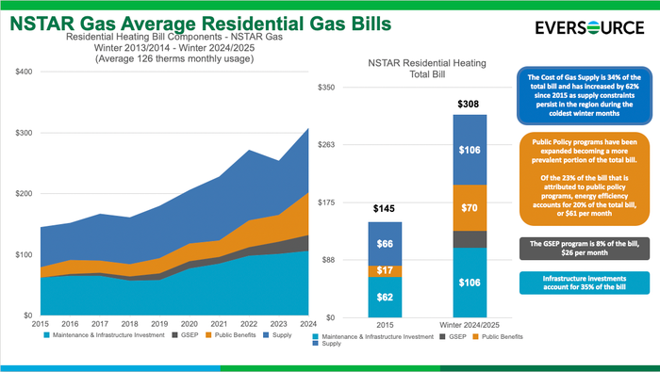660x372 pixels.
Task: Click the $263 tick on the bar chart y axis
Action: [326, 145]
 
